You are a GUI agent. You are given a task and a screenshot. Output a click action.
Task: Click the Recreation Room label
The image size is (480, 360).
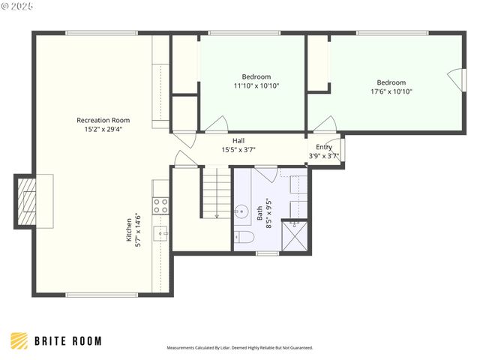[x=103, y=120]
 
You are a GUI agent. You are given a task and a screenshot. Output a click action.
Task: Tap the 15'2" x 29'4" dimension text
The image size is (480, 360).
[x=103, y=129]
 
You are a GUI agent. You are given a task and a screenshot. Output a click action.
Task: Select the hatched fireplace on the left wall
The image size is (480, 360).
[x=25, y=202]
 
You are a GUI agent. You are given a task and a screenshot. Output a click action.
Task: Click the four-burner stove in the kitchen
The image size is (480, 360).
[x=160, y=205]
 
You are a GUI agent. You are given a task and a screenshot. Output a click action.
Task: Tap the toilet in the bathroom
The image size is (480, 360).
[x=244, y=238]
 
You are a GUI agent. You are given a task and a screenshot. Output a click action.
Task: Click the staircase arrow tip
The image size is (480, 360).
[x=216, y=216]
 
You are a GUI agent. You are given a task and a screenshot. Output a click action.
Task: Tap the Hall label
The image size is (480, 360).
[x=238, y=140]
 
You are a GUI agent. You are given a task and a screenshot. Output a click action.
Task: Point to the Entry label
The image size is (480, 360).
[x=324, y=147]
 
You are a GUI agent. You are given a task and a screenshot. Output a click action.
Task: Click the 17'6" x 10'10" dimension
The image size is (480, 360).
[x=391, y=91]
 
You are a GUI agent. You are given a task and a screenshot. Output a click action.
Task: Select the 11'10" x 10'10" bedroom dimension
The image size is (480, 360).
[x=256, y=85]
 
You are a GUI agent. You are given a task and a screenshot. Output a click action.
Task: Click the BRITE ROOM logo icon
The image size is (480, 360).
[x=19, y=340]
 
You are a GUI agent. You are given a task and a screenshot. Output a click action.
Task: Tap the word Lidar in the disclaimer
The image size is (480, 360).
[x=223, y=348]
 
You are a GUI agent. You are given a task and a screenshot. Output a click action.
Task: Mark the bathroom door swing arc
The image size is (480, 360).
[x=264, y=174]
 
